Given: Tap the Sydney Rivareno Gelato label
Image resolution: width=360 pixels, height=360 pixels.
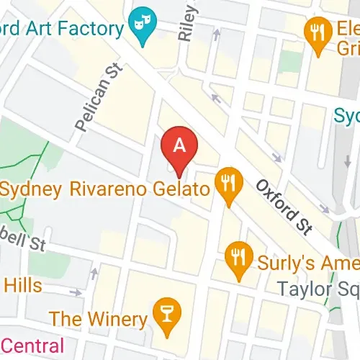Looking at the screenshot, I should [106, 190].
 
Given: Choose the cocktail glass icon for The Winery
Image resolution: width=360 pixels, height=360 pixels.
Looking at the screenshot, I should [166, 318].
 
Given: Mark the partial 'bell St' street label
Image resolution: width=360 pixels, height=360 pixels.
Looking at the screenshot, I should [22, 240].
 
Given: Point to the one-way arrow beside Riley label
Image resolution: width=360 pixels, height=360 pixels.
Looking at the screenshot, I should [215, 34].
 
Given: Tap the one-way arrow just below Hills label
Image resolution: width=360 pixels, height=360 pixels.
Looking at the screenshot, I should [76, 292].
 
